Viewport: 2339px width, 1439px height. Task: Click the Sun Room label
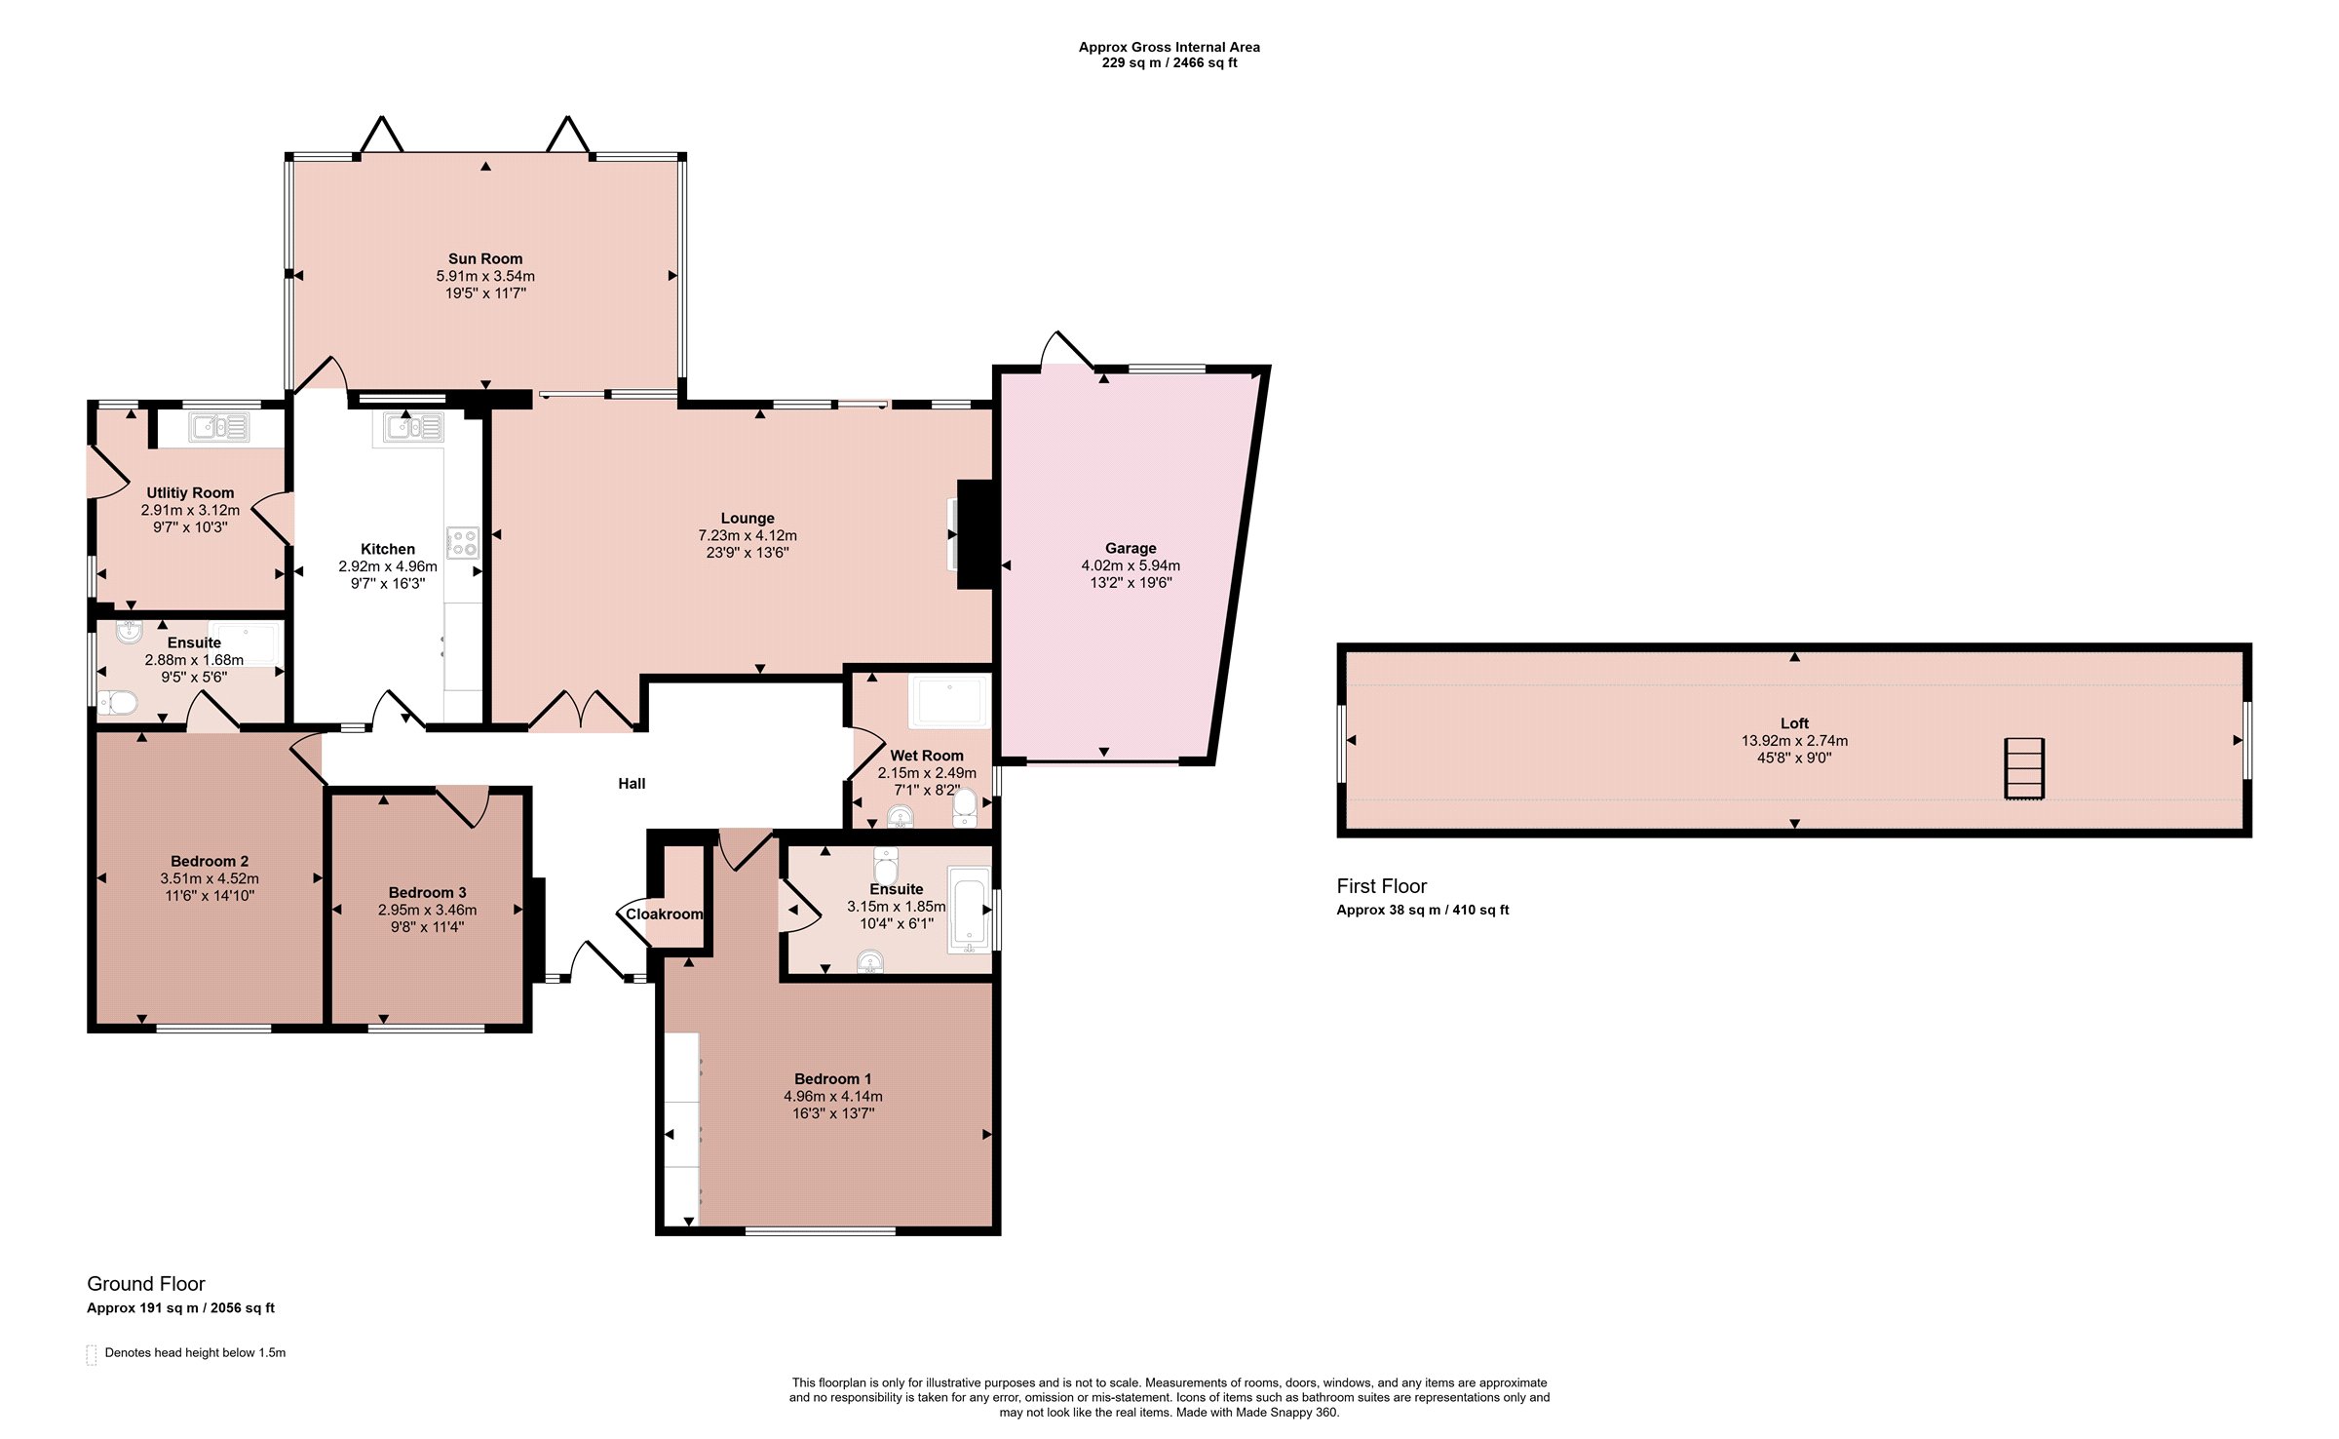click(x=485, y=258)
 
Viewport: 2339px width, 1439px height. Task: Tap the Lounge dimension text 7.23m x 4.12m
click(x=748, y=535)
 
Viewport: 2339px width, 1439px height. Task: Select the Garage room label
click(x=1131, y=548)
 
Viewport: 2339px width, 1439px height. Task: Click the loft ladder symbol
click(x=2024, y=768)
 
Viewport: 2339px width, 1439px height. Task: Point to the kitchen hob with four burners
click(x=462, y=543)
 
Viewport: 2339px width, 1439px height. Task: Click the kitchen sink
click(x=413, y=427)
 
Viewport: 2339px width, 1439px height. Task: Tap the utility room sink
click(x=220, y=427)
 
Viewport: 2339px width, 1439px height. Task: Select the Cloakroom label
click(x=665, y=914)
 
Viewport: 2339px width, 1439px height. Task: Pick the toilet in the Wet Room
click(x=965, y=807)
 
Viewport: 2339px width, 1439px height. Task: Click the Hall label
click(x=632, y=783)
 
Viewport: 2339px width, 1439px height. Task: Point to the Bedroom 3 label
click(x=427, y=892)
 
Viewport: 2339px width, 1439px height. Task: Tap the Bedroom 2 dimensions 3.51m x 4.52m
click(x=210, y=878)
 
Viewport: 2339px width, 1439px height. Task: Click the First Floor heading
click(x=1381, y=886)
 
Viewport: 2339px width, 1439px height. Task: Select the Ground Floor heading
click(x=146, y=1284)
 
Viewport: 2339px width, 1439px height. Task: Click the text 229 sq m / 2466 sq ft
click(x=1169, y=62)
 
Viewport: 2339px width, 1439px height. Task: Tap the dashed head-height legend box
click(x=92, y=1354)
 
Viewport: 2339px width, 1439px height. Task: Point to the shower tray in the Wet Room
click(x=949, y=702)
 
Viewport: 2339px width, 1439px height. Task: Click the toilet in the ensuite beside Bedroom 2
click(x=117, y=701)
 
